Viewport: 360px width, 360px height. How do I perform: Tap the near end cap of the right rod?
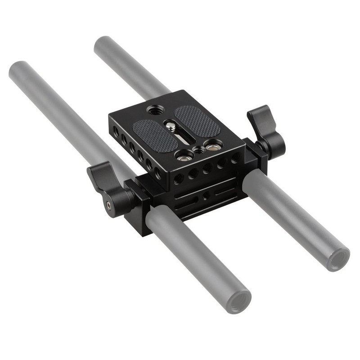[338, 259]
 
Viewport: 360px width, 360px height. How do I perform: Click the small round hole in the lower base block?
[206, 196]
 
